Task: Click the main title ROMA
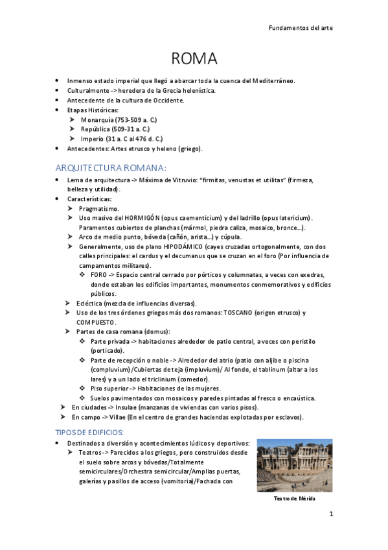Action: coord(194,59)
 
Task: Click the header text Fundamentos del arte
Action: coord(300,29)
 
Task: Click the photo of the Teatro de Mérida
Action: coord(294,465)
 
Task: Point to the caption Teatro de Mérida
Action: coord(295,498)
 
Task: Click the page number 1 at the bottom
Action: coord(330,514)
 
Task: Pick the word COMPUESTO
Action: coord(96,322)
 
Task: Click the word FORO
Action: coord(99,275)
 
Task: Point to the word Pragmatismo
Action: coord(99,209)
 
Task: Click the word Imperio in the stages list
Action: coord(93,139)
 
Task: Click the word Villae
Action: coord(115,417)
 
